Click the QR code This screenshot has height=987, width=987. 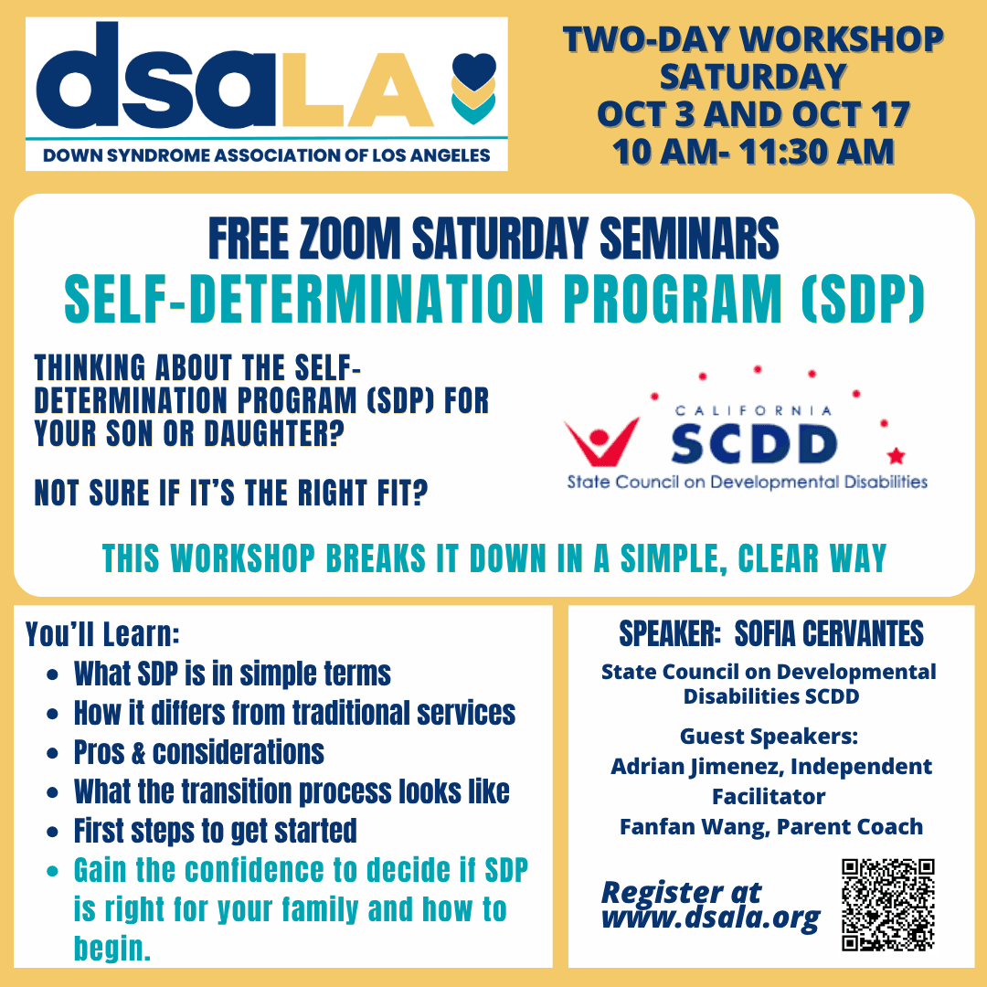[888, 905]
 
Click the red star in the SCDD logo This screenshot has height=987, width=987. [896, 454]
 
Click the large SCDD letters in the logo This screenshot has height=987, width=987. [753, 444]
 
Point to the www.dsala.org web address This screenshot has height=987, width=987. [711, 918]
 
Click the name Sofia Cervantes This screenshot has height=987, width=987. [829, 634]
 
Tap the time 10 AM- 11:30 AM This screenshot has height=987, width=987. [753, 152]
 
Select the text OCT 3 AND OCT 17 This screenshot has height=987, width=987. [753, 114]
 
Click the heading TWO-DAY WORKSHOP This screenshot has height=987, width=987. [753, 39]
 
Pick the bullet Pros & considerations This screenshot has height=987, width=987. [199, 752]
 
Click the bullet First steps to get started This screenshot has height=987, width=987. [216, 831]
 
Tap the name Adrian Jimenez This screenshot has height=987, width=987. [696, 767]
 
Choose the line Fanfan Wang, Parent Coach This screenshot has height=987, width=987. [771, 826]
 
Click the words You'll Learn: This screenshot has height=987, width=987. [102, 634]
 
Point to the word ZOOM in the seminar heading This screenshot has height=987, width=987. [350, 239]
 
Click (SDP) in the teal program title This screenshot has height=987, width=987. [863, 298]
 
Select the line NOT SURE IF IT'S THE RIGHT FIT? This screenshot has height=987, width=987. [231, 493]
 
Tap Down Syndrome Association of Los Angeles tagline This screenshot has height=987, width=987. [266, 155]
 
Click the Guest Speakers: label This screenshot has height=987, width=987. [769, 736]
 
